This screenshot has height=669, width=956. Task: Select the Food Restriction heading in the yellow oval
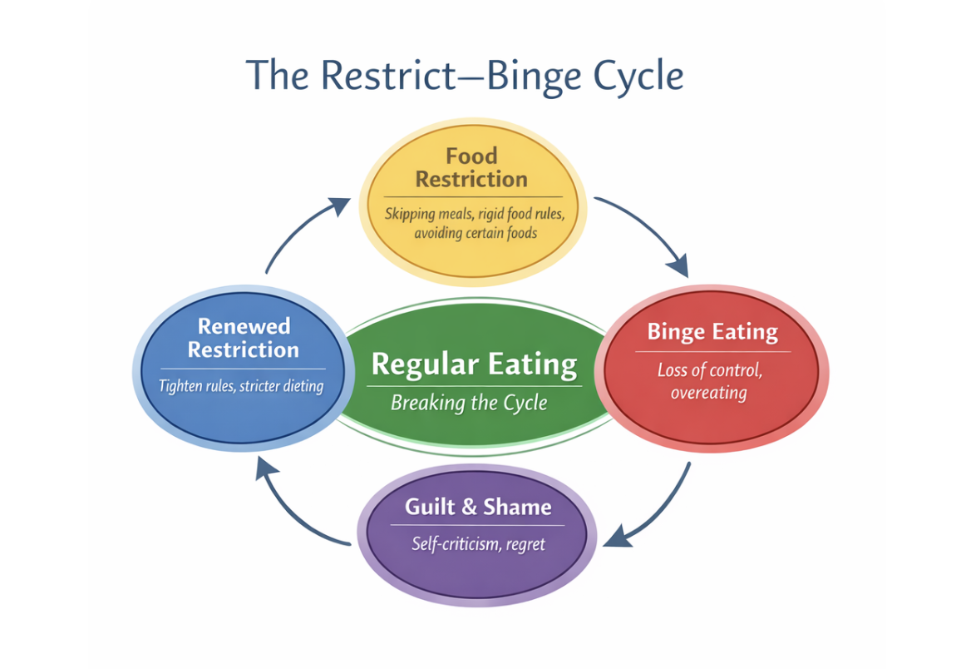[471, 167]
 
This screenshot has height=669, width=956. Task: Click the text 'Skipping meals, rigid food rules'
[475, 214]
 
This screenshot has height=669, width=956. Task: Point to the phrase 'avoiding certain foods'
[475, 233]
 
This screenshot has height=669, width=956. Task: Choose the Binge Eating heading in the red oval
[712, 332]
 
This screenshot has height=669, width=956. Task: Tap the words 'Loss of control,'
[709, 369]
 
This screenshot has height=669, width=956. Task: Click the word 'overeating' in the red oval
[709, 392]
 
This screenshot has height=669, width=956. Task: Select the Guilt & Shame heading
[477, 507]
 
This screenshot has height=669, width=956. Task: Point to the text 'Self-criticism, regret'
[478, 544]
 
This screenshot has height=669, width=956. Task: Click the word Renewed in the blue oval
[244, 326]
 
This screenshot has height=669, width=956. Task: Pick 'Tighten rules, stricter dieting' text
[240, 386]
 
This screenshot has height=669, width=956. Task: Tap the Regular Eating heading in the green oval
[474, 364]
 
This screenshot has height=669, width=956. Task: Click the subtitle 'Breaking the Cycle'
[469, 403]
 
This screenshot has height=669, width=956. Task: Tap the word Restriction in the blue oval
[243, 349]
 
